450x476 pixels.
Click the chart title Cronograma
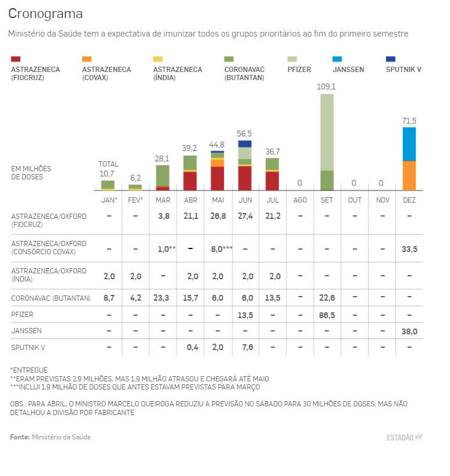(x=45, y=13)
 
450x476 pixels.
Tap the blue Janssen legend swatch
(x=337, y=59)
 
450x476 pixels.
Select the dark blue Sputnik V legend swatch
(x=391, y=59)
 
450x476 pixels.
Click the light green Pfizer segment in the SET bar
(x=327, y=132)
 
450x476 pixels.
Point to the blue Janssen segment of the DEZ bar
(x=409, y=144)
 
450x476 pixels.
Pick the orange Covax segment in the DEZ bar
(x=409, y=175)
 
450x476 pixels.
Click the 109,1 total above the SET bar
(x=326, y=86)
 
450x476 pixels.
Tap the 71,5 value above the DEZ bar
(x=409, y=121)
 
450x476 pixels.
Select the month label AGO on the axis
(x=300, y=200)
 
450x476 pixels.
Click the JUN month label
(x=245, y=200)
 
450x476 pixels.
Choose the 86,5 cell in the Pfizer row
(x=327, y=314)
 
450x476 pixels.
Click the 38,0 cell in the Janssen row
(x=409, y=331)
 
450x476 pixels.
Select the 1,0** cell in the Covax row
(x=167, y=248)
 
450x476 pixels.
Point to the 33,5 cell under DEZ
(x=409, y=248)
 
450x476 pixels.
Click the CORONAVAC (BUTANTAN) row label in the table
(x=51, y=298)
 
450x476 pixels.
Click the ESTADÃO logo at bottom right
(x=404, y=437)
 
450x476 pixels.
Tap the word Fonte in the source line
(x=20, y=437)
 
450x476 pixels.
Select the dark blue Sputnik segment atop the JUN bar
(x=245, y=143)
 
